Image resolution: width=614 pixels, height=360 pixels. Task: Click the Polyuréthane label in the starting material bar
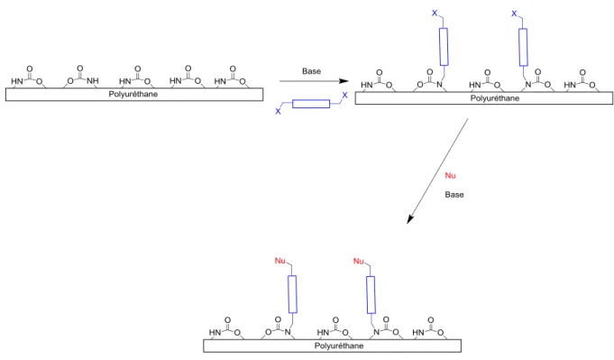[x=133, y=95]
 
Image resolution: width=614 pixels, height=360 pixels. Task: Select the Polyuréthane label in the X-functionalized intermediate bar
[x=495, y=98]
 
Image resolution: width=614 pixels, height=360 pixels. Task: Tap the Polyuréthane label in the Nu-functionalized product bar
[x=339, y=346]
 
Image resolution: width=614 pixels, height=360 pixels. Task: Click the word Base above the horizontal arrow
[x=311, y=71]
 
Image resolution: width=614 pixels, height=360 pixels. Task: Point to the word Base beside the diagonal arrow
[x=454, y=195]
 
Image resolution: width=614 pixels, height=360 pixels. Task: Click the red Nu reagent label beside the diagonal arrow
[x=450, y=176]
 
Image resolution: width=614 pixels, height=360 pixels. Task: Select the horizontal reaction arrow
[x=314, y=81]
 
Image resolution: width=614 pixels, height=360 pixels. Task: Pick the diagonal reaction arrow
[x=437, y=171]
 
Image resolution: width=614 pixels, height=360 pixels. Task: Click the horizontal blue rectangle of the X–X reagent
[x=311, y=104]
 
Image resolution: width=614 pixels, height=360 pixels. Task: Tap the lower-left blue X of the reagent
[x=278, y=111]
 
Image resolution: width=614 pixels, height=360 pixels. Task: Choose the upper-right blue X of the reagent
[x=344, y=96]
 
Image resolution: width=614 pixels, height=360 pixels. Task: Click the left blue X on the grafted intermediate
[x=435, y=14]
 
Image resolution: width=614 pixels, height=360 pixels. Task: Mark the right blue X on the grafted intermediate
[x=514, y=14]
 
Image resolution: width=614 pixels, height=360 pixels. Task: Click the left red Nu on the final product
[x=280, y=261]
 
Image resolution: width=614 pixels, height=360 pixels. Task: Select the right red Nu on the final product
[x=359, y=261]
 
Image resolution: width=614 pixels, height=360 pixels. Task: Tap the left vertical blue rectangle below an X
[x=444, y=47]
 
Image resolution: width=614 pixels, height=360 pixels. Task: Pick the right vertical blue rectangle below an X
[x=523, y=47]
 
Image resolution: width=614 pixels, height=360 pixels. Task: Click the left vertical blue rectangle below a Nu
[x=292, y=294]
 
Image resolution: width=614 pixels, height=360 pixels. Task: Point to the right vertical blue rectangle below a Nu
[x=371, y=295]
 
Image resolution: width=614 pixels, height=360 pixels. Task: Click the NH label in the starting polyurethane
[x=93, y=80]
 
